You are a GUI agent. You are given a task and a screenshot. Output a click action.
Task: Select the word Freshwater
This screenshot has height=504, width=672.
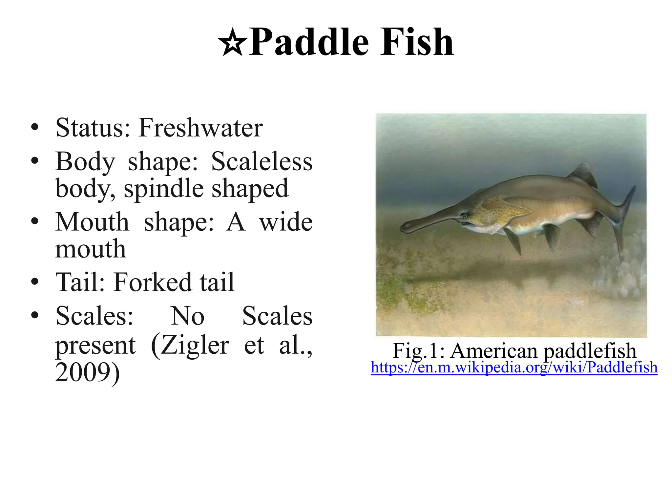(x=200, y=128)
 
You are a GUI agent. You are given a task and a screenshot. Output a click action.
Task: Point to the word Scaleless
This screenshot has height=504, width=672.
(x=262, y=161)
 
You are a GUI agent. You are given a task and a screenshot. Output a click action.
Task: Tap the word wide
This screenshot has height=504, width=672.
(x=286, y=222)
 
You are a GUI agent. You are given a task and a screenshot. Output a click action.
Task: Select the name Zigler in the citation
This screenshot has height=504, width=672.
(x=190, y=345)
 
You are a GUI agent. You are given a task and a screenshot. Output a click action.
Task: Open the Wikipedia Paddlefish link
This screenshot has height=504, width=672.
(x=514, y=367)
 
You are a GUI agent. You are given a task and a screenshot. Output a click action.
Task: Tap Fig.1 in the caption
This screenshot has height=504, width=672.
(x=417, y=350)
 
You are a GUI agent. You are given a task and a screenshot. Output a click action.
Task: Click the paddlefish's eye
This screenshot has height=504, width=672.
(x=464, y=216)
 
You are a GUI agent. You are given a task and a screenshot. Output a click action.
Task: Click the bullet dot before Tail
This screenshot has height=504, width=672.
(x=35, y=282)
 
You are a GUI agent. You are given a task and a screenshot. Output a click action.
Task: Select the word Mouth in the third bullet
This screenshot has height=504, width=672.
(x=92, y=222)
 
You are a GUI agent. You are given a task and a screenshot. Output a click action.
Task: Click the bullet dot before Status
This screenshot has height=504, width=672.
(x=35, y=128)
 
